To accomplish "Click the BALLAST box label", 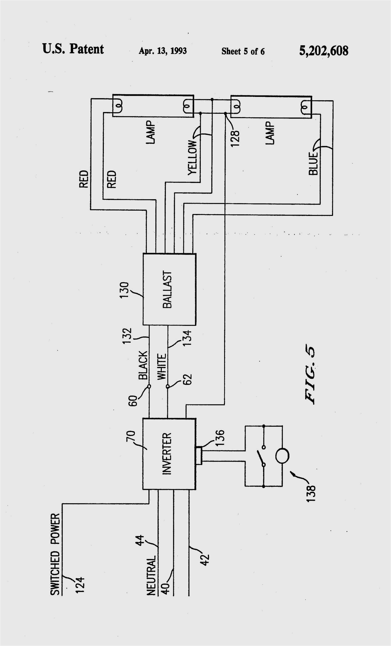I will coord(167,289).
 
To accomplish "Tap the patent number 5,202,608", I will coord(324,51).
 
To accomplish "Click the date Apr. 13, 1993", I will coord(163,51).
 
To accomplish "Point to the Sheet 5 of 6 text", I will coord(243,51).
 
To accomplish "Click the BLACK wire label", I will coord(143,365).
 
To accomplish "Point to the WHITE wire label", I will coord(162,366).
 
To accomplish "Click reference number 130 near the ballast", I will coord(124,290).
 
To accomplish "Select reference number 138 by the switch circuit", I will coord(311,494).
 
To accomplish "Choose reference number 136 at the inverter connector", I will coord(220,438).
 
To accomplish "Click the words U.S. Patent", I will coord(73,49).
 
